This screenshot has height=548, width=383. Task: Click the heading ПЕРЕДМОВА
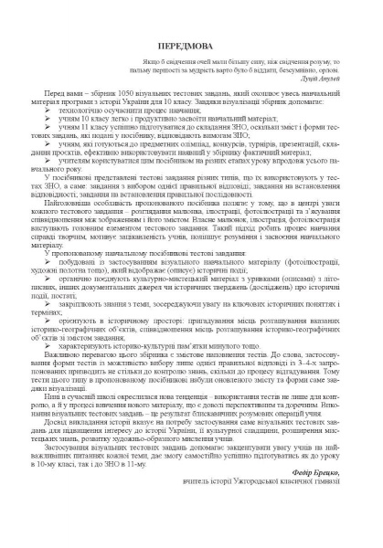(x=192, y=28)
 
